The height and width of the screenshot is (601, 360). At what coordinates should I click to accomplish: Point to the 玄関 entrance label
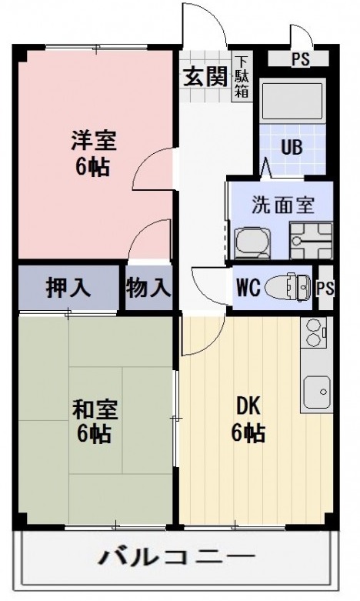click(x=205, y=76)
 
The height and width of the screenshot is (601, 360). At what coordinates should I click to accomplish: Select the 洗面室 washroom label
click(x=283, y=205)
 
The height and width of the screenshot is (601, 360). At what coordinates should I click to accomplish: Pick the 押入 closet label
click(x=68, y=288)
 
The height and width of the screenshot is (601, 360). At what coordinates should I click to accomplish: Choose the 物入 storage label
click(x=148, y=288)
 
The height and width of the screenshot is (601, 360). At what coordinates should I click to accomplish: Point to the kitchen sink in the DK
click(x=316, y=391)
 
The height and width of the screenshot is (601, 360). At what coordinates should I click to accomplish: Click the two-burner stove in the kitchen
click(x=315, y=332)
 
